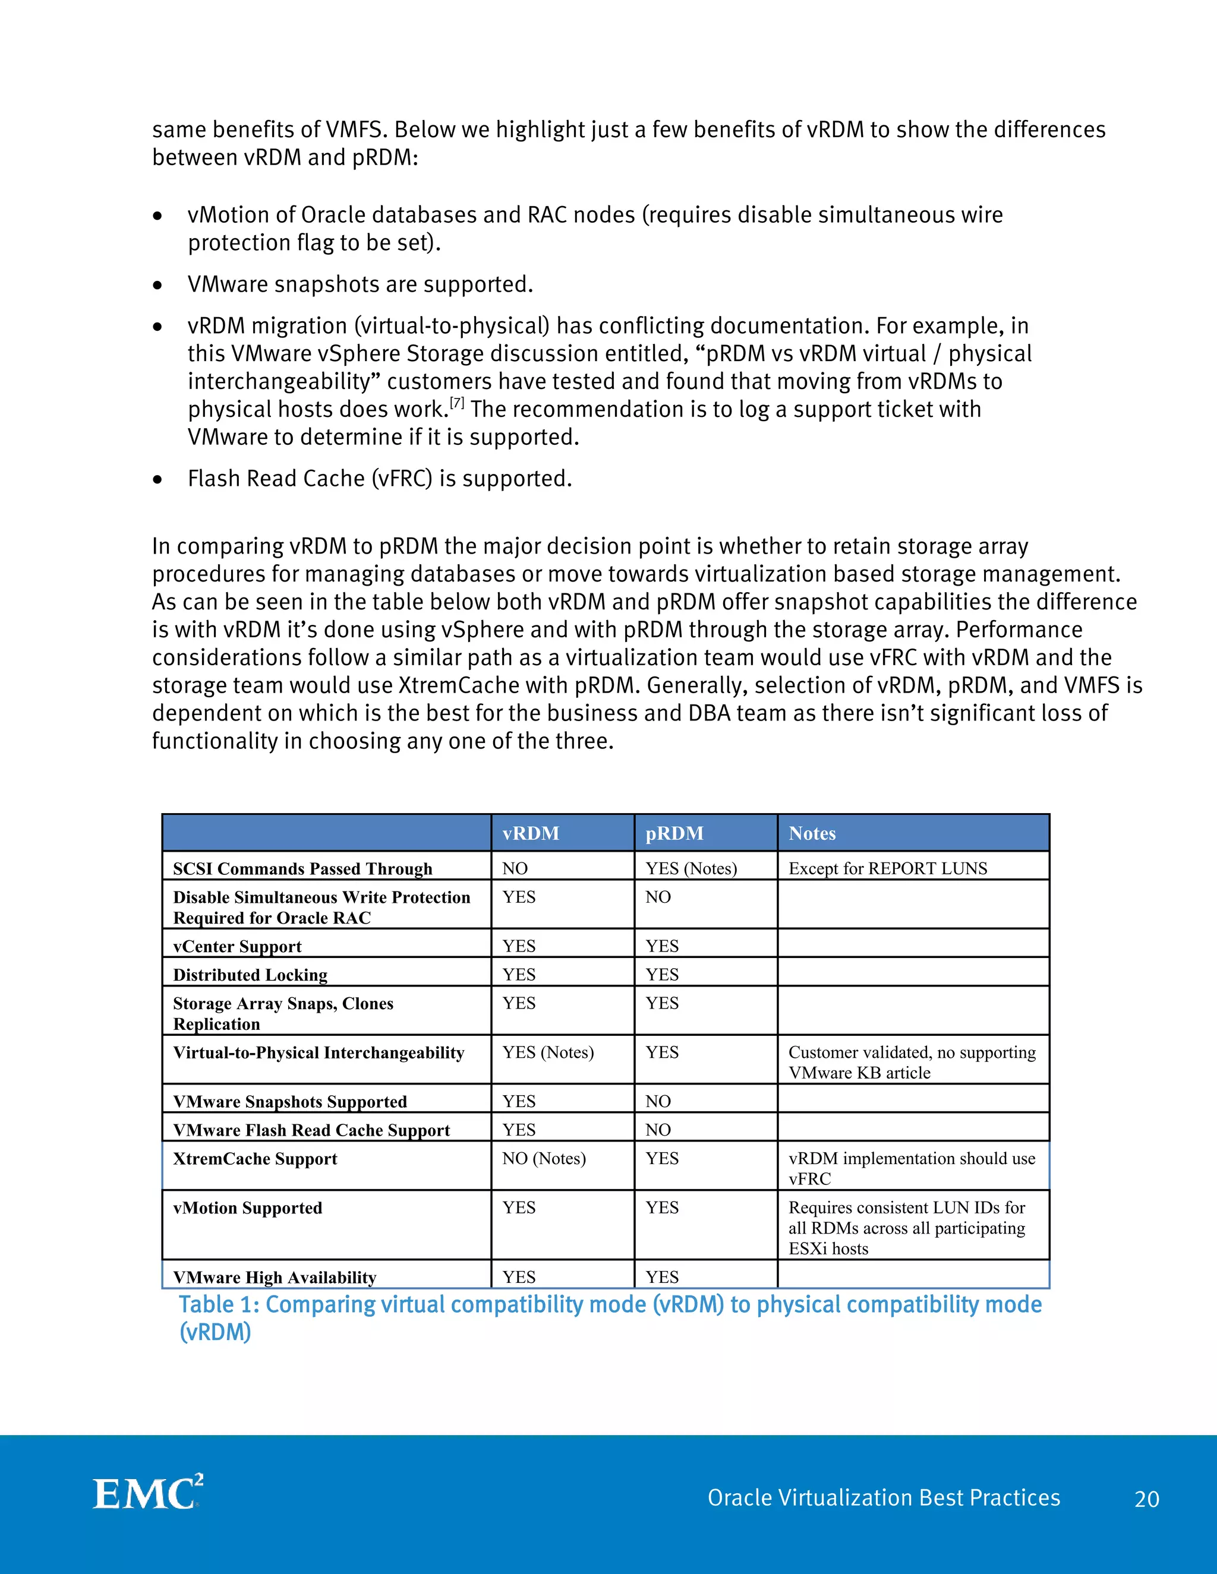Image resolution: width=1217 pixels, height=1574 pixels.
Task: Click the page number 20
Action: [x=1146, y=1499]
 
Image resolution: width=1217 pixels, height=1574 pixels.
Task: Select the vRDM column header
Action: [x=531, y=833]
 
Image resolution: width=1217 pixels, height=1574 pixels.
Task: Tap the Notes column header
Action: [x=812, y=833]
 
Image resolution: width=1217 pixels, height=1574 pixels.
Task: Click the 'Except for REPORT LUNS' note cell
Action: [x=888, y=868]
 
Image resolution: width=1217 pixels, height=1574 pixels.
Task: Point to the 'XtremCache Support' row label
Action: [x=254, y=1159]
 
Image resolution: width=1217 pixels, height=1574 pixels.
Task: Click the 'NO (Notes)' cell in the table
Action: [x=544, y=1158]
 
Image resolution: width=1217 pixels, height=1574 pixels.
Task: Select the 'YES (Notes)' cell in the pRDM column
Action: [x=691, y=868]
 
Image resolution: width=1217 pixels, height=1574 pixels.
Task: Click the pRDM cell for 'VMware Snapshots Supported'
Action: [x=658, y=1101]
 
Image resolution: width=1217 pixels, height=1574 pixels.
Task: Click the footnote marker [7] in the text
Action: [x=457, y=402]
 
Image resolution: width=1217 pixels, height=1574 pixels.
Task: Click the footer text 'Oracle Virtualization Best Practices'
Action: [x=883, y=1497]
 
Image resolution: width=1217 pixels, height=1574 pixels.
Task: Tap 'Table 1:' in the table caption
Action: [x=219, y=1304]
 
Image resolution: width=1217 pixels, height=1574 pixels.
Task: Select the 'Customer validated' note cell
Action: [x=912, y=1063]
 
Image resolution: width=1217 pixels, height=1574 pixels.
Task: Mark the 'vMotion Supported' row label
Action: [x=247, y=1208]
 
